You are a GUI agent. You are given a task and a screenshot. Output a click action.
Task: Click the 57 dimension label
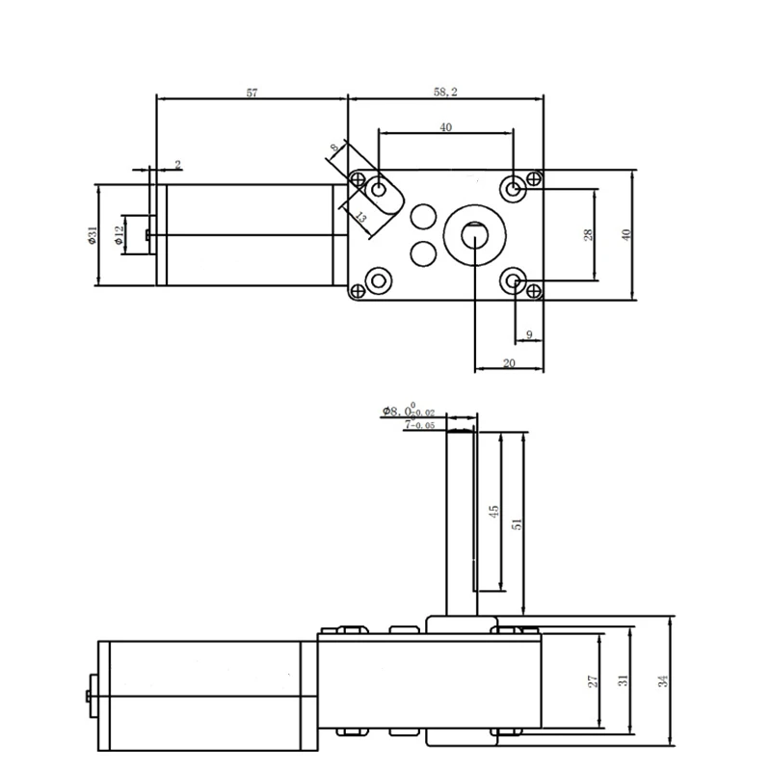tap(253, 93)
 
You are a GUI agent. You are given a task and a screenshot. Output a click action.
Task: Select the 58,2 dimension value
tap(445, 93)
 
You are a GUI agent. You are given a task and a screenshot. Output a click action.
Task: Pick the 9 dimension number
tap(529, 334)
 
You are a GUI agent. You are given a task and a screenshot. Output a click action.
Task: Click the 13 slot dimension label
tap(359, 218)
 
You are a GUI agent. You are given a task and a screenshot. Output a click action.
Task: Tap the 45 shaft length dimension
tap(494, 512)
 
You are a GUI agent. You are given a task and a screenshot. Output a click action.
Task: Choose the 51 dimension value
tap(517, 523)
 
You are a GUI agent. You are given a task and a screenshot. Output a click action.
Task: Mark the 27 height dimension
tap(594, 680)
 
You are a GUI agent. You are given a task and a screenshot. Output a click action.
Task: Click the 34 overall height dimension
tap(662, 680)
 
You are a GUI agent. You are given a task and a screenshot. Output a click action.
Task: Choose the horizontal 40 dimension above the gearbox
tap(444, 127)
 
